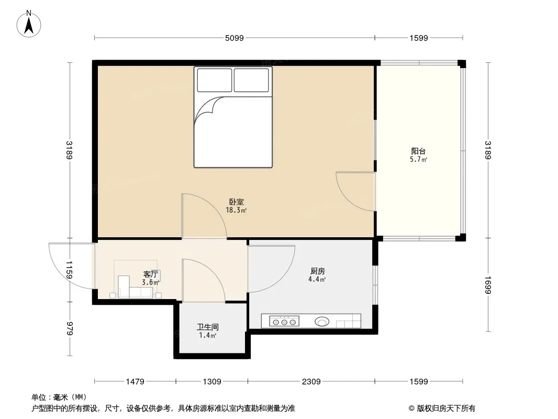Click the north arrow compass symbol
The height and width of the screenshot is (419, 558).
(29, 24)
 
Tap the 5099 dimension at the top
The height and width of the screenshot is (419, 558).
(234, 38)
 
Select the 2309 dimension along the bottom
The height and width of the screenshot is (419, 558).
(311, 382)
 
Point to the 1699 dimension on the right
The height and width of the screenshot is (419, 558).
(487, 285)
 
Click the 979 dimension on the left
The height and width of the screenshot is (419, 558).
(70, 328)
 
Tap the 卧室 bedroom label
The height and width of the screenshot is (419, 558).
(236, 202)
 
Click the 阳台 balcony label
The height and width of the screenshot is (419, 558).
(418, 151)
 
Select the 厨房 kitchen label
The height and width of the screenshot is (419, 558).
(317, 271)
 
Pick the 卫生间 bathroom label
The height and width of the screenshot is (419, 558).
(207, 327)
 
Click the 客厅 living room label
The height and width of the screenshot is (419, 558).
(151, 274)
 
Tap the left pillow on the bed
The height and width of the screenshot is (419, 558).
(214, 80)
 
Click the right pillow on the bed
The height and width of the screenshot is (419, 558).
(251, 80)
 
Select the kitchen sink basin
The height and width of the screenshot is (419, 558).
(322, 322)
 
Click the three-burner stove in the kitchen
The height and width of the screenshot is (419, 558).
(284, 322)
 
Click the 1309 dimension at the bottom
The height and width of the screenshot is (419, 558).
(212, 382)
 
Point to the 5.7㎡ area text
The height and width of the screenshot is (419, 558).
(418, 160)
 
